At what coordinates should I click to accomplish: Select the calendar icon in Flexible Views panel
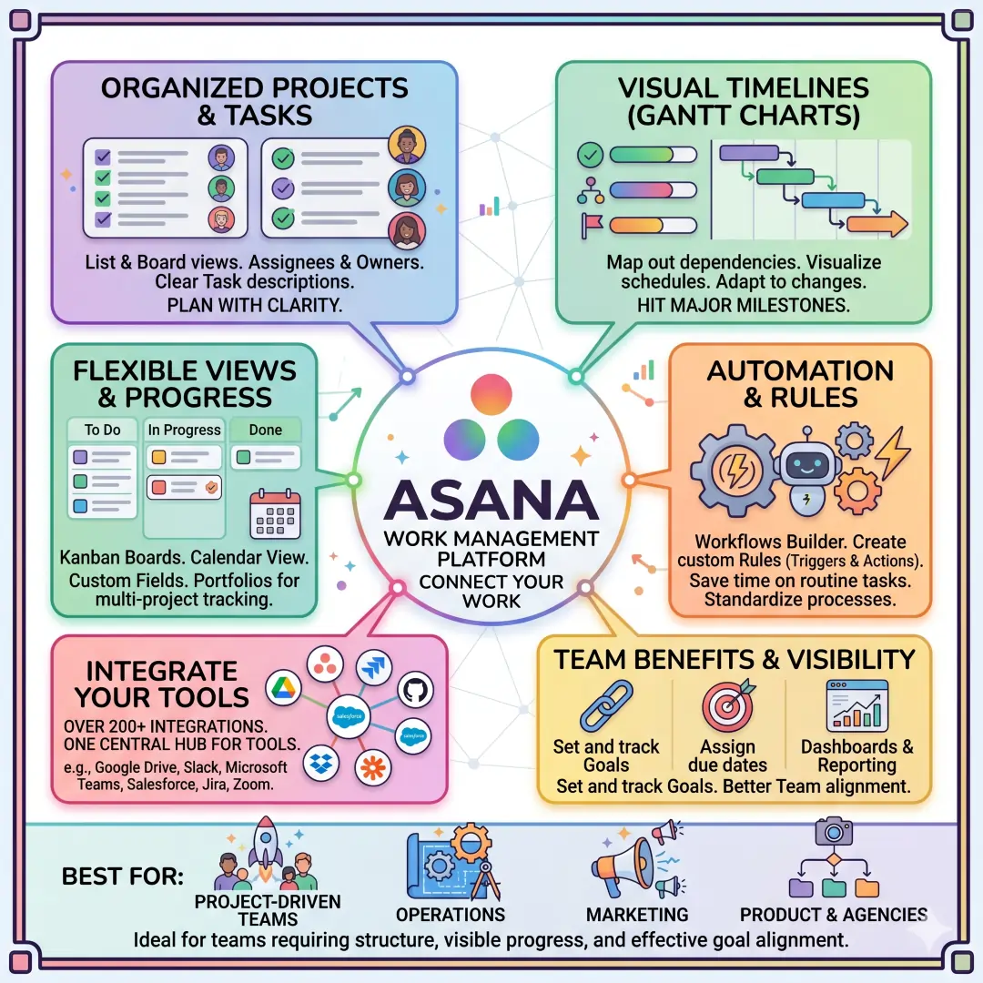click(x=275, y=515)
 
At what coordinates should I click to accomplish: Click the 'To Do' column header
click(x=103, y=430)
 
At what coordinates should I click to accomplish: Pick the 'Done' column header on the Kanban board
click(x=265, y=430)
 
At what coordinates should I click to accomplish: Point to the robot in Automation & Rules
click(x=806, y=466)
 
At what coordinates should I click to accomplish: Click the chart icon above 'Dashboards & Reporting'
click(x=856, y=705)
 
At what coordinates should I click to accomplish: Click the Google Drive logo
click(x=282, y=689)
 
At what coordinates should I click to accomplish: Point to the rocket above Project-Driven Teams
click(x=266, y=846)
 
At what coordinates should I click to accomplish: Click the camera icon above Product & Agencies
click(x=833, y=830)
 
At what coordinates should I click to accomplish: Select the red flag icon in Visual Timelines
click(x=591, y=224)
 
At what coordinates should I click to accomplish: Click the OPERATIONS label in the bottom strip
click(x=450, y=915)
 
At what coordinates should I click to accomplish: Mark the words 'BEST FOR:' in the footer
click(x=122, y=877)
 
